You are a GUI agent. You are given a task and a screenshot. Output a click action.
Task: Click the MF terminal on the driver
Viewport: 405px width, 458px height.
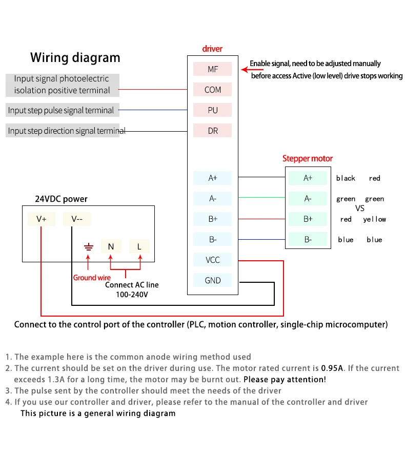point(212,69)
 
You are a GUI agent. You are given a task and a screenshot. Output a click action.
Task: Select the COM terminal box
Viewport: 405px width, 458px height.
point(212,89)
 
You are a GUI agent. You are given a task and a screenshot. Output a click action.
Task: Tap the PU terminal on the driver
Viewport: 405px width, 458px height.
point(212,110)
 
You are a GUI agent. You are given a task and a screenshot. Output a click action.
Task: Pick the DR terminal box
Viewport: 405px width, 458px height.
point(212,130)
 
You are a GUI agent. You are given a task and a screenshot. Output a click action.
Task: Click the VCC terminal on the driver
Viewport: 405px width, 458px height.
point(212,259)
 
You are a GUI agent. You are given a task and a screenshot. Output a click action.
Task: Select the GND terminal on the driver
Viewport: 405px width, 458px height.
point(212,280)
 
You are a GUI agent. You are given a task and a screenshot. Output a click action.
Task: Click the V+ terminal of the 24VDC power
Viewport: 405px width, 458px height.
point(42,219)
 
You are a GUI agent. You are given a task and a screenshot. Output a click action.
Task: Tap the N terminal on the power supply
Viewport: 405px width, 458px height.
point(111,246)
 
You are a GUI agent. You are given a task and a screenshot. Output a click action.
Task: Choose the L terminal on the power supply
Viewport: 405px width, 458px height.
point(139,246)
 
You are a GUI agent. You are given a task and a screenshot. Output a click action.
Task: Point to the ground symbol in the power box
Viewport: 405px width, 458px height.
point(89,247)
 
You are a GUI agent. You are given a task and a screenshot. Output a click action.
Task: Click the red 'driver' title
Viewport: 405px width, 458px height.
point(212,49)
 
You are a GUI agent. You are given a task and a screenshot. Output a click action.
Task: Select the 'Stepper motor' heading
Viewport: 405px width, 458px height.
point(308,158)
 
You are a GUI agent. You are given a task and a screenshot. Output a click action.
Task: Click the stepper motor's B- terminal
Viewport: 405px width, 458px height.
point(308,239)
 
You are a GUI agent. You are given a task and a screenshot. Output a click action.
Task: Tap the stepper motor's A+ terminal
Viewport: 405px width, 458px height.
point(308,178)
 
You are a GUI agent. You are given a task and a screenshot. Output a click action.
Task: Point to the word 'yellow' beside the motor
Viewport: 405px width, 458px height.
point(375,219)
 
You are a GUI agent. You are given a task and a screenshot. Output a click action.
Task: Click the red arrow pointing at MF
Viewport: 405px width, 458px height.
point(252,70)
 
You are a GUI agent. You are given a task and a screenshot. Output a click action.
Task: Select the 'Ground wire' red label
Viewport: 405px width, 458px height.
point(92,278)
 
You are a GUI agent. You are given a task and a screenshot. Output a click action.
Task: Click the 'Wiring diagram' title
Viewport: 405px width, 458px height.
point(75,57)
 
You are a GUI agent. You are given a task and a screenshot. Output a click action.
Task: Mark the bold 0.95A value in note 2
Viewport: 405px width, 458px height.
point(332,368)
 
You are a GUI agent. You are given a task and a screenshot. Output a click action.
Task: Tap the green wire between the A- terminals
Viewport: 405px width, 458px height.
point(261,197)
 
